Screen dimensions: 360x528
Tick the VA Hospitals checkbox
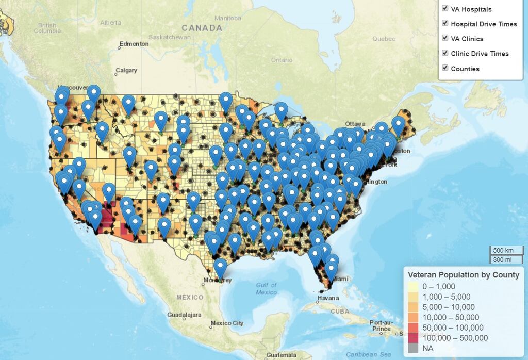[x=444, y=8]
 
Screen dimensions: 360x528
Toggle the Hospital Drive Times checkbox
[x=444, y=23]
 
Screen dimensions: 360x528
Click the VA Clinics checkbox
[x=444, y=38]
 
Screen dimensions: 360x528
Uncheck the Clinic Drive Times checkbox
[x=444, y=53]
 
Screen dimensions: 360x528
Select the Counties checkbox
[x=444, y=68]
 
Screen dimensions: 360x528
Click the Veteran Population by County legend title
[x=463, y=275]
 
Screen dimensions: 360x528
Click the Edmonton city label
[x=134, y=44]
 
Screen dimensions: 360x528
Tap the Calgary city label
[x=126, y=70]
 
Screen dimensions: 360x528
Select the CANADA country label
[x=202, y=28]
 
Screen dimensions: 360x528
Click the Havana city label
[x=328, y=298]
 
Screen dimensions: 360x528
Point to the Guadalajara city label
[x=184, y=314]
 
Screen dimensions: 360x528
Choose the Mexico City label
[x=227, y=323]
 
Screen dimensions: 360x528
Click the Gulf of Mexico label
[x=266, y=288]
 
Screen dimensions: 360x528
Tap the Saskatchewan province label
[x=169, y=37]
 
